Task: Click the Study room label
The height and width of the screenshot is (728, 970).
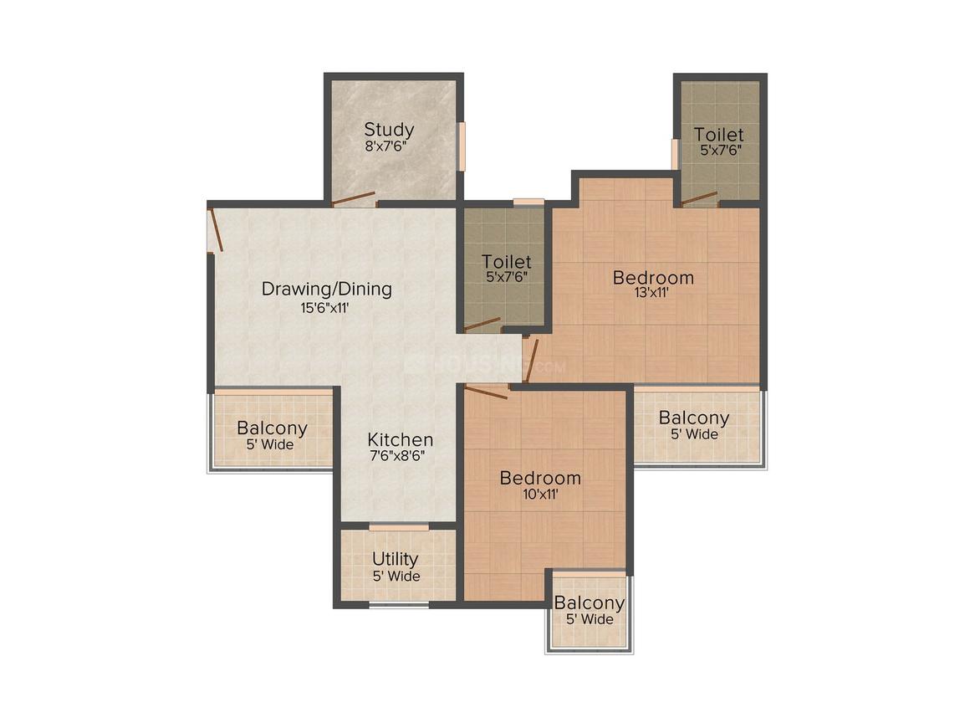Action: pos(389,130)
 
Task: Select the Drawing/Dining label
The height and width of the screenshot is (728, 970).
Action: pos(327,289)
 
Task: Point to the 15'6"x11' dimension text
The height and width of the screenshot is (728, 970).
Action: pos(325,308)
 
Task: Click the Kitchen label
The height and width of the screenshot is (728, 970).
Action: pos(400,440)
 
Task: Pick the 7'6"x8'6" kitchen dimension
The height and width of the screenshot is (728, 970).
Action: pos(398,457)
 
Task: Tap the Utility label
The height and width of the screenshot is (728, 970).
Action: pos(396,560)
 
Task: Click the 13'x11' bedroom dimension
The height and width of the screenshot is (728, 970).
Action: pos(652,293)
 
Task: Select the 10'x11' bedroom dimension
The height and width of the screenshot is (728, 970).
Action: pos(541,494)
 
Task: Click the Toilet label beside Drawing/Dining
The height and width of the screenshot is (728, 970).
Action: pos(507,262)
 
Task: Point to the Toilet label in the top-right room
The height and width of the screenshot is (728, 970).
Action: pos(718,135)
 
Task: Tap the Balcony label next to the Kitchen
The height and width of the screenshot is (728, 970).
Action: pos(273,428)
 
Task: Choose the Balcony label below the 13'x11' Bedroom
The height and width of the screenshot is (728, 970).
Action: pos(693,418)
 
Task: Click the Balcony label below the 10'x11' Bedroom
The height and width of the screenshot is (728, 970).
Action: pos(589,603)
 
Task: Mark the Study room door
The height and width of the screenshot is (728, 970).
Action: pos(353,198)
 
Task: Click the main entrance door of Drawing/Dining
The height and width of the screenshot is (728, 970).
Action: pos(215,229)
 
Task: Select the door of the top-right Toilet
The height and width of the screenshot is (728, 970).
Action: pos(699,198)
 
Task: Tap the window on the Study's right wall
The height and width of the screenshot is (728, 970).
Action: pos(461,146)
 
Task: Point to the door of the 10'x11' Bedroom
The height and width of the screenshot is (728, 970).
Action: pos(486,392)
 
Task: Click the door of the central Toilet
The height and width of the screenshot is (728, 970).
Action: pos(482,325)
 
